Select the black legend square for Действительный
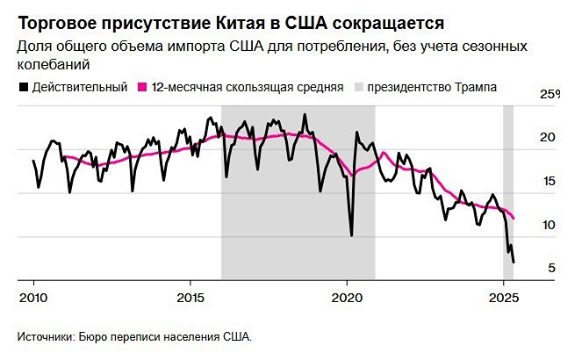tap(22, 87)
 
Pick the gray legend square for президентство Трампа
tap(357, 87)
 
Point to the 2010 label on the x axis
tap(34, 295)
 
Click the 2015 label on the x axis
tap(190, 295)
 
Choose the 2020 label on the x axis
tap(347, 295)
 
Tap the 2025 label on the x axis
tap(503, 295)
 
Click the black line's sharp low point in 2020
tap(351, 235)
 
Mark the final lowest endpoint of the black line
tap(514, 262)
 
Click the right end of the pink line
tap(514, 218)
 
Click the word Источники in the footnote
tap(44, 336)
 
